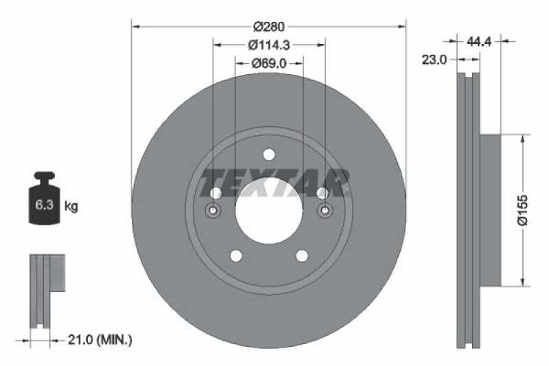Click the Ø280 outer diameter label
pyautogui.click(x=269, y=26)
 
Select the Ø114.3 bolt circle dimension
pyautogui.click(x=269, y=45)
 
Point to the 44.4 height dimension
pyautogui.click(x=480, y=42)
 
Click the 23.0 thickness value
pyautogui.click(x=434, y=60)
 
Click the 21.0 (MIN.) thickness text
pyautogui.click(x=100, y=339)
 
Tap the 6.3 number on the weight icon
pyautogui.click(x=41, y=205)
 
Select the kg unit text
pyautogui.click(x=70, y=205)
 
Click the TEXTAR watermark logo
pyautogui.click(x=275, y=182)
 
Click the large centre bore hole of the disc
pyautogui.click(x=268, y=210)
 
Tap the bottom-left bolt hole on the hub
pyautogui.click(x=236, y=256)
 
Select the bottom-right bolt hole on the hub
pyautogui.click(x=301, y=256)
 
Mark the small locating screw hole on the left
pyautogui.click(x=213, y=210)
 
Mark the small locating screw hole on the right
pyautogui.click(x=325, y=210)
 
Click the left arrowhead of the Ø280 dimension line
pyautogui.click(x=135, y=26)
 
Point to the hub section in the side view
pyautogui.click(x=490, y=210)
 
